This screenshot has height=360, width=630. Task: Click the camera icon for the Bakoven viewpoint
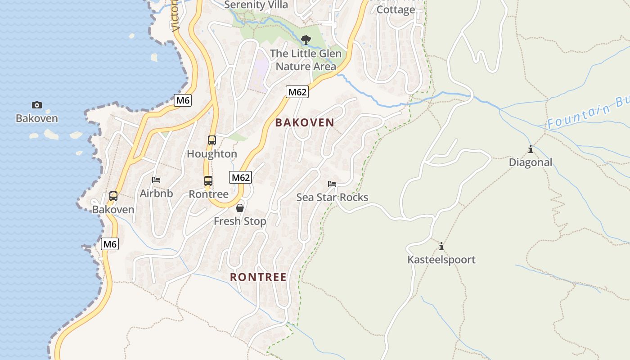pos(37,105)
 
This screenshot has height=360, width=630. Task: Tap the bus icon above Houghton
pos(212,140)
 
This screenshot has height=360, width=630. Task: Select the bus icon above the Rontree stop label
pos(208,181)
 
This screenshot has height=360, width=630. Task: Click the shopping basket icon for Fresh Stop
pos(240,208)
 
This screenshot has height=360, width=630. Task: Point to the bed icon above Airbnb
pos(156,180)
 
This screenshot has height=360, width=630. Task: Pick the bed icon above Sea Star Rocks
pos(332,184)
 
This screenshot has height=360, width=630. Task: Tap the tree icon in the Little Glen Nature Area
pos(306,40)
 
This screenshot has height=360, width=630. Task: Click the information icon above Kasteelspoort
pos(441,247)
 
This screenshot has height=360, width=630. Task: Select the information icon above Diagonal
pos(531,149)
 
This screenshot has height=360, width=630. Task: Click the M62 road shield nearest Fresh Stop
pos(241,177)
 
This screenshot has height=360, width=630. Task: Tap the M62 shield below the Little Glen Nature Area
pos(297,92)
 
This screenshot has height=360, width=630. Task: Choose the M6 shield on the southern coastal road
pos(110,244)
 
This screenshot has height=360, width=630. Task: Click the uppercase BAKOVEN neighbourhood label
pos(305,122)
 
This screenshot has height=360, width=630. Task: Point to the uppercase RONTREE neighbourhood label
pos(258,277)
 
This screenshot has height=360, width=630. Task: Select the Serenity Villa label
pos(256,5)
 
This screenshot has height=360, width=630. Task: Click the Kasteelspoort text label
pos(441,260)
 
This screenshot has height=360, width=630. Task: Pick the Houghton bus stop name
pos(212,154)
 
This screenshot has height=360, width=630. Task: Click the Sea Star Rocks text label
pos(332,198)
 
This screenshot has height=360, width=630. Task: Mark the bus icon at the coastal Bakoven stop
pos(113,196)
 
